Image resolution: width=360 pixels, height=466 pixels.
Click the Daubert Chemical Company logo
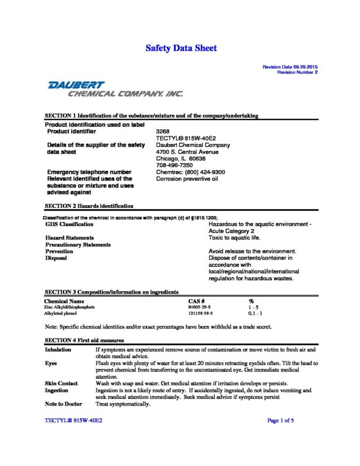[115, 89]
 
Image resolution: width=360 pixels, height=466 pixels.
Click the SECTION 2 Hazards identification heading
[89, 206]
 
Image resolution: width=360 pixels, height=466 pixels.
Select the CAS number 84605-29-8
[200, 306]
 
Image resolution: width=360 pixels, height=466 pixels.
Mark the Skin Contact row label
[61, 383]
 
